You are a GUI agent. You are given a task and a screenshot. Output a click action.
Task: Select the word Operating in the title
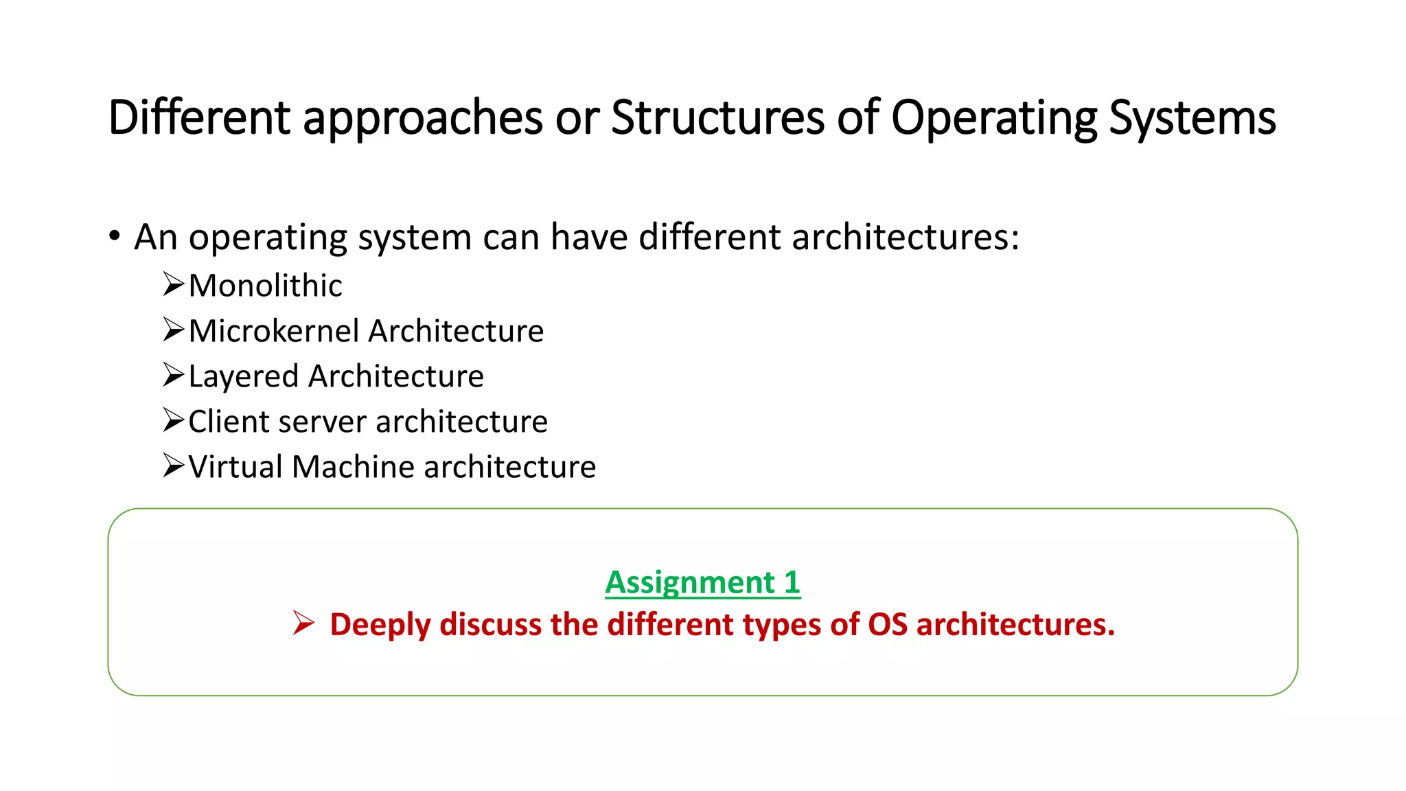pyautogui.click(x=994, y=118)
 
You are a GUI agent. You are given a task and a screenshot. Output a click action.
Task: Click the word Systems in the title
pyautogui.click(x=1192, y=118)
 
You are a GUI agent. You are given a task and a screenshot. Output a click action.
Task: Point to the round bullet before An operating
pyautogui.click(x=115, y=236)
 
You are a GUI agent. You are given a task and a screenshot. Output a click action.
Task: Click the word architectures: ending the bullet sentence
pyautogui.click(x=906, y=238)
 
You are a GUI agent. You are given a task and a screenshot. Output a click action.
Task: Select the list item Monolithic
pyautogui.click(x=265, y=286)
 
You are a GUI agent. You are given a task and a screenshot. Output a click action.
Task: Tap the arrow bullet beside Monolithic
pyautogui.click(x=174, y=284)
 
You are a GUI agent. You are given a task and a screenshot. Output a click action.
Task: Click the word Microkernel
pyautogui.click(x=274, y=331)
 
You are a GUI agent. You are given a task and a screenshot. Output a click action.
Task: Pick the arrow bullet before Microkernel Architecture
pyautogui.click(x=174, y=330)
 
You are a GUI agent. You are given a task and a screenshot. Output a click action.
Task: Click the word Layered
pyautogui.click(x=243, y=376)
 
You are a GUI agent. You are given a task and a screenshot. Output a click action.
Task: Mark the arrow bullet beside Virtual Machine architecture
pyautogui.click(x=174, y=466)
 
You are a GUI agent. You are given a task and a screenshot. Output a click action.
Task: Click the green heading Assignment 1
pyautogui.click(x=702, y=582)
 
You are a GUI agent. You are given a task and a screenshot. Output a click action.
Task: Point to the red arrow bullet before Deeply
pyautogui.click(x=303, y=623)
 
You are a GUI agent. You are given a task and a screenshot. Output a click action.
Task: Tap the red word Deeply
pyautogui.click(x=380, y=625)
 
